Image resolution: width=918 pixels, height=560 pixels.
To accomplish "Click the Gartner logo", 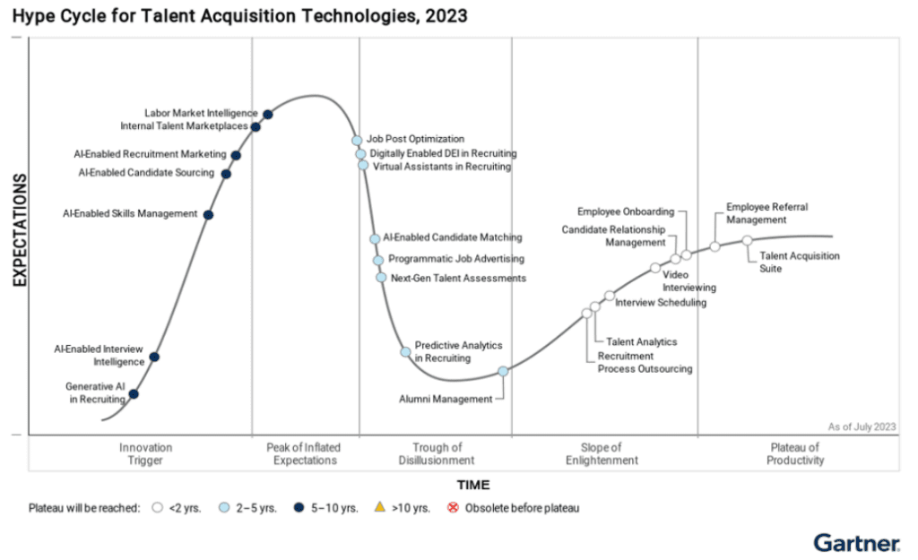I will (x=856, y=542).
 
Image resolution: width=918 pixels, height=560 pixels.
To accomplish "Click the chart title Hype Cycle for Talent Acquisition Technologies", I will (x=239, y=15).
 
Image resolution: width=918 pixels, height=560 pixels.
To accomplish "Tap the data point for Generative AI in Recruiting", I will (x=134, y=393).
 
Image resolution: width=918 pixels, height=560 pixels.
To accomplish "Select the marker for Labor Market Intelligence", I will (x=267, y=114).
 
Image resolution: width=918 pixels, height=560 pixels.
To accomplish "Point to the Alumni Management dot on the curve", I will (x=503, y=371).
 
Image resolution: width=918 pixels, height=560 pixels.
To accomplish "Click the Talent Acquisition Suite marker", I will (x=747, y=240).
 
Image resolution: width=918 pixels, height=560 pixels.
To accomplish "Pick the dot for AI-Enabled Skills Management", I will (x=208, y=214).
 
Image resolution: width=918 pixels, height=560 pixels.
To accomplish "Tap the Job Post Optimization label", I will (x=415, y=139).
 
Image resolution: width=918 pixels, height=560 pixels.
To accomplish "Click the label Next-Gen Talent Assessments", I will (x=458, y=278).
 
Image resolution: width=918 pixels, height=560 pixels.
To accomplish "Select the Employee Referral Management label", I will (x=766, y=213).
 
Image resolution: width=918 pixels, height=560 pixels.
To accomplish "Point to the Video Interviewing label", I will (x=688, y=281).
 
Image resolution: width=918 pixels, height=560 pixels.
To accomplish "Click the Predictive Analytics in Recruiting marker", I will (x=405, y=352).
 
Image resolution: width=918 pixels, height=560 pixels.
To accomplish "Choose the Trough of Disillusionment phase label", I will (x=437, y=453).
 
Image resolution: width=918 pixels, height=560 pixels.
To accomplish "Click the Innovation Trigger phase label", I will (x=145, y=453).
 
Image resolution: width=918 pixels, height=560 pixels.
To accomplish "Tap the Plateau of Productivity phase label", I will (x=794, y=453).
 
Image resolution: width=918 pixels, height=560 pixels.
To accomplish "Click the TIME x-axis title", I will (x=473, y=485).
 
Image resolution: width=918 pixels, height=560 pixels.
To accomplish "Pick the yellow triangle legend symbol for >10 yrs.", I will (x=380, y=508).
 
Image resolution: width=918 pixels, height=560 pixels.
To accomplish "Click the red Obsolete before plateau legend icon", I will (x=453, y=508).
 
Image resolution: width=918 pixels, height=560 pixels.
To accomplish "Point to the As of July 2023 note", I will (x=862, y=426).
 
